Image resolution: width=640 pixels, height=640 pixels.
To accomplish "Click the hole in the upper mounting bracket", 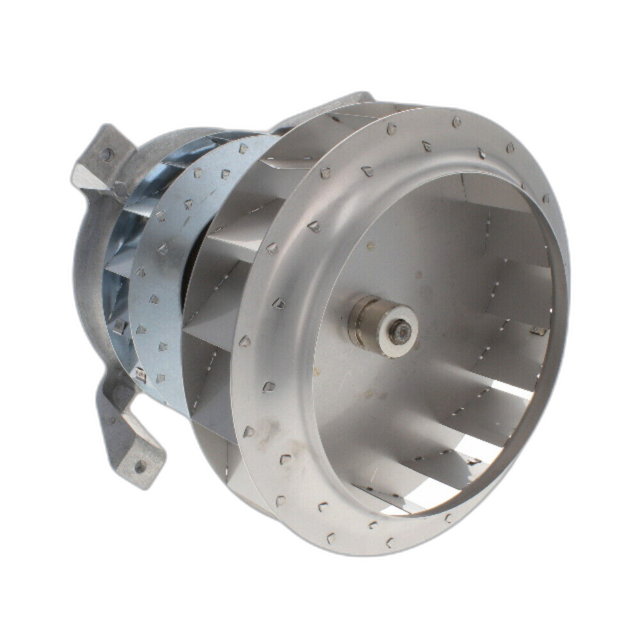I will tap(107, 154).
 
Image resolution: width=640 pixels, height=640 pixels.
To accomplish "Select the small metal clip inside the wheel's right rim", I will tap(538, 331).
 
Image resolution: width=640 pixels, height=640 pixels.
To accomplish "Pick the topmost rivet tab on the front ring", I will tap(455, 122).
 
